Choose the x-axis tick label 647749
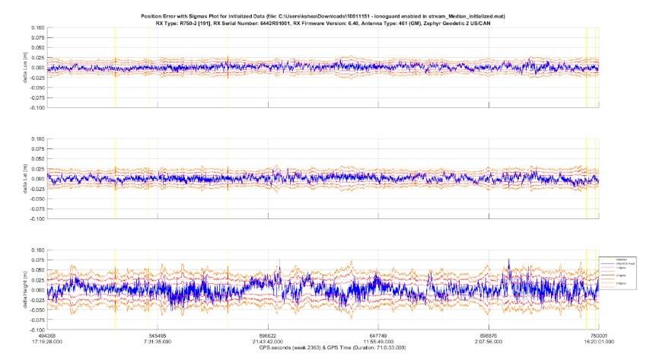(378, 336)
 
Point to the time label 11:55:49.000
(378, 342)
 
